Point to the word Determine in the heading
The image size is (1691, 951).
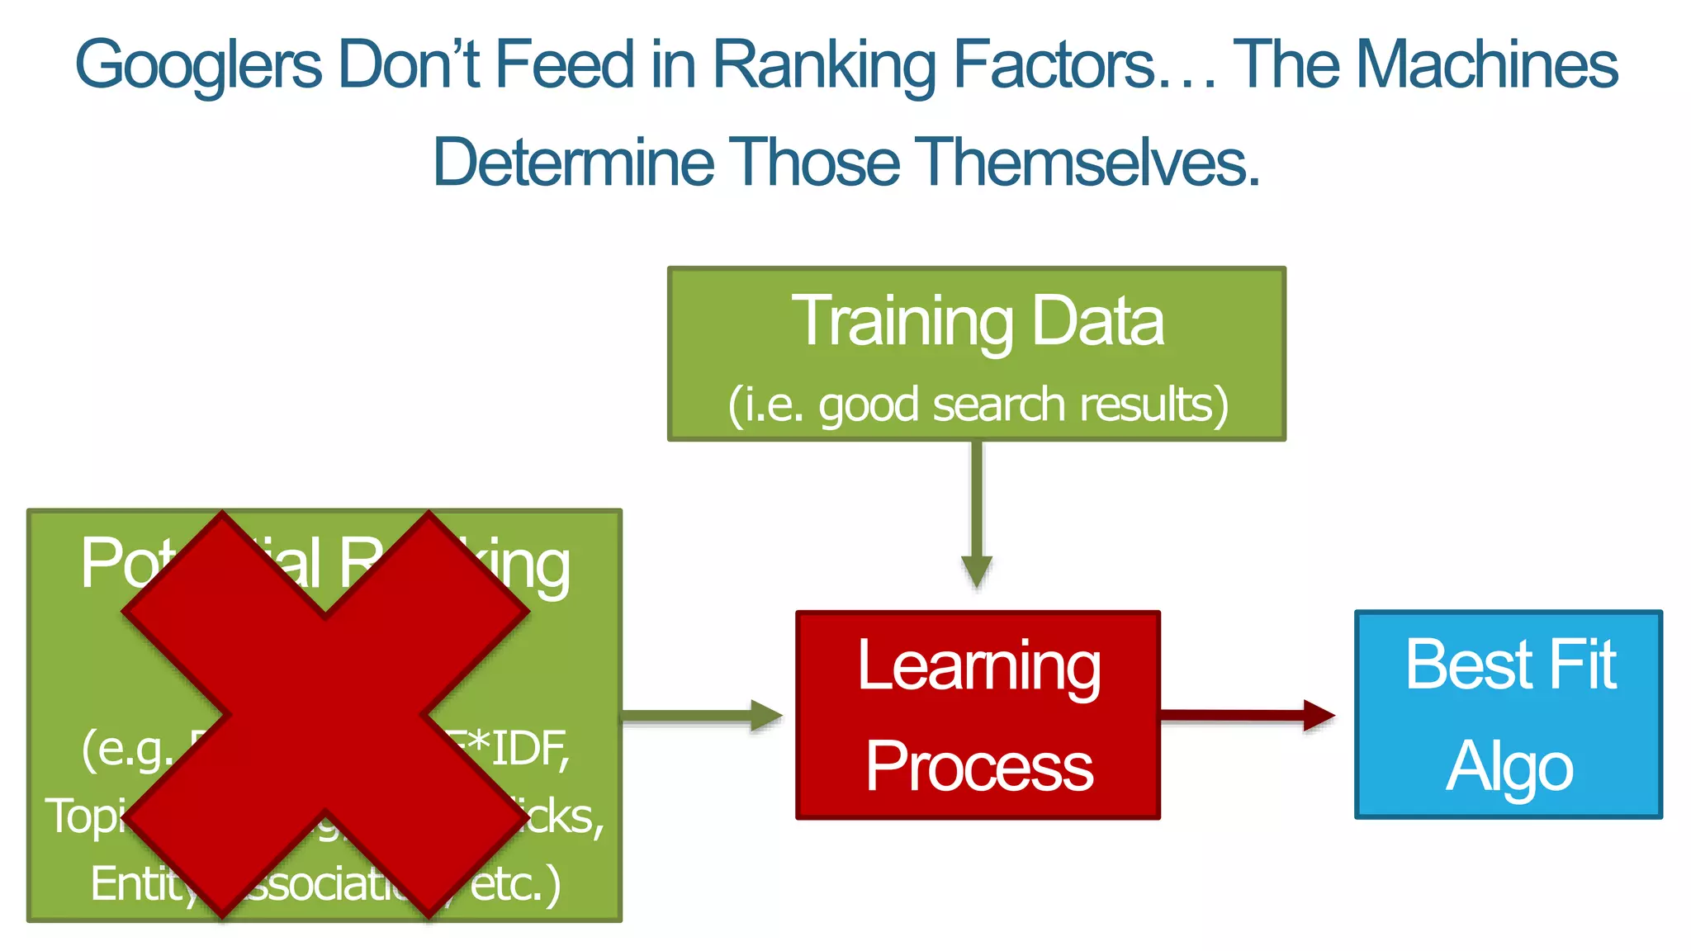pyautogui.click(x=573, y=162)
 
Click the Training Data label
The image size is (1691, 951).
pyautogui.click(x=977, y=320)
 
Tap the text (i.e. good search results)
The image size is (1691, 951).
pyautogui.click(x=977, y=405)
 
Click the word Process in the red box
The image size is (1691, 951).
pyautogui.click(x=978, y=766)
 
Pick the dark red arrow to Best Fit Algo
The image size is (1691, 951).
pyautogui.click(x=1247, y=715)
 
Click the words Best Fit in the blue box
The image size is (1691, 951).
pyautogui.click(x=1509, y=665)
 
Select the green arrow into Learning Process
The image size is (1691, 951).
pyautogui.click(x=702, y=715)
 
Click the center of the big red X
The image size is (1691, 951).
pyautogui.click(x=325, y=715)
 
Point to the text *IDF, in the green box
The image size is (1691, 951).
pyautogui.click(x=520, y=748)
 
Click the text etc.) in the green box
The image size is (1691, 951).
pyautogui.click(x=516, y=883)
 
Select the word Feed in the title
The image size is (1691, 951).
pyautogui.click(x=563, y=64)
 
